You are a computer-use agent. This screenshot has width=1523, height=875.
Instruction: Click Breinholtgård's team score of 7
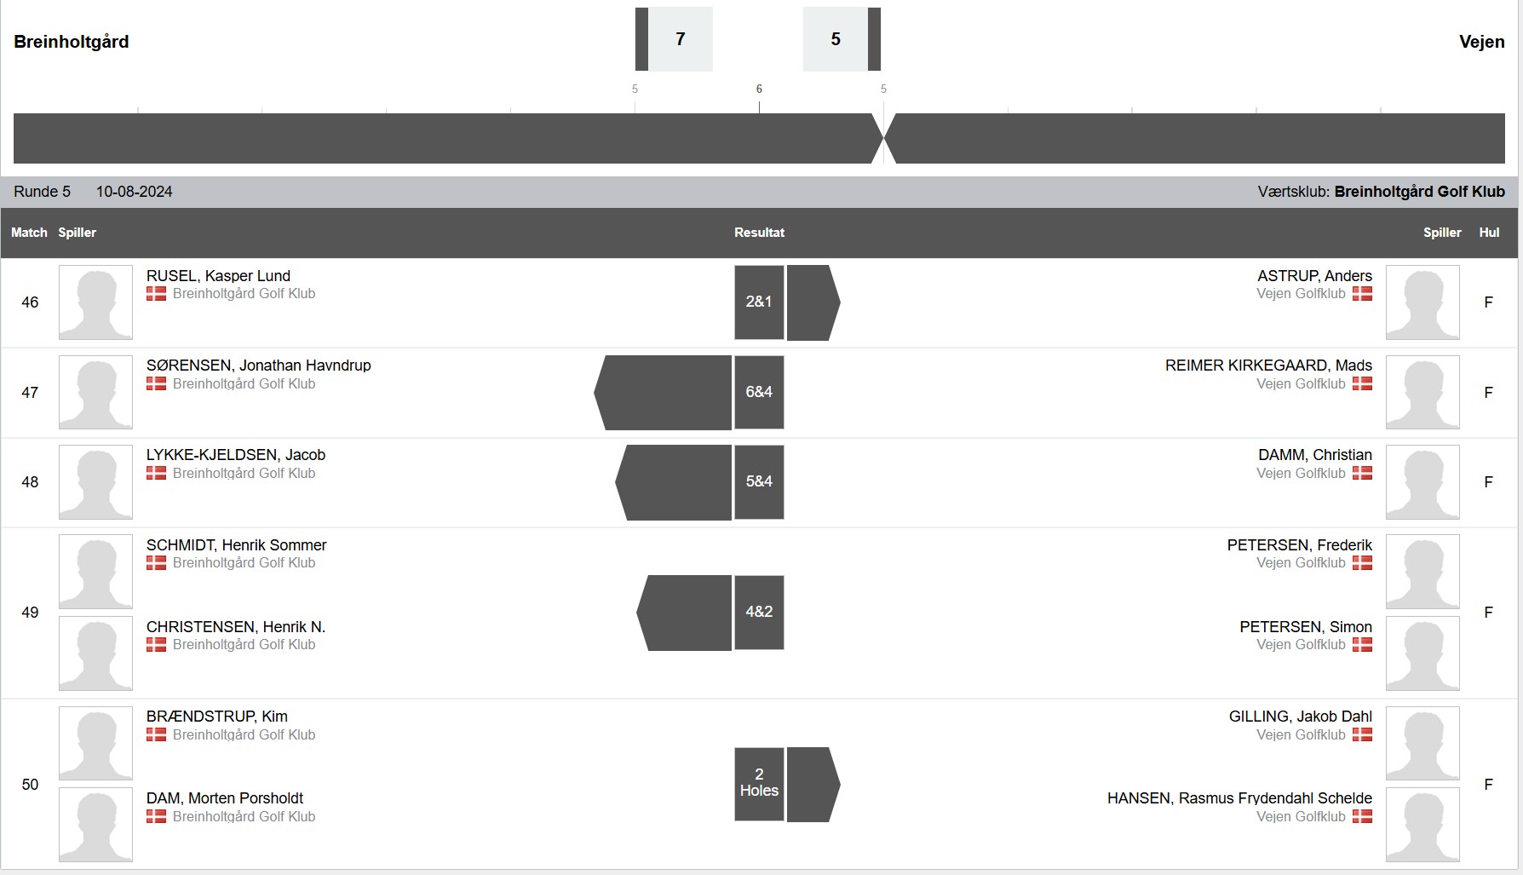pyautogui.click(x=681, y=39)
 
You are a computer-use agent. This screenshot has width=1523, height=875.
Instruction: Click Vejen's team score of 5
pyautogui.click(x=836, y=39)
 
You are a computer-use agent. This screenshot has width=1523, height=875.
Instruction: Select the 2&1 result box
pyautogui.click(x=759, y=302)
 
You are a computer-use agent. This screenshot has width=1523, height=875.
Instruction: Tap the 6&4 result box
pyautogui.click(x=759, y=392)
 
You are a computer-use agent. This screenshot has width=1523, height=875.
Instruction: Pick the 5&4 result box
pyautogui.click(x=759, y=481)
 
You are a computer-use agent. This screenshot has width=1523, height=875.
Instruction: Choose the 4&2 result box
pyautogui.click(x=759, y=612)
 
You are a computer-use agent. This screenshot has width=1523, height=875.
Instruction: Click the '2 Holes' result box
pyautogui.click(x=759, y=784)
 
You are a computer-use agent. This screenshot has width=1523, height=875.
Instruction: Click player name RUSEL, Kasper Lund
pyautogui.click(x=218, y=276)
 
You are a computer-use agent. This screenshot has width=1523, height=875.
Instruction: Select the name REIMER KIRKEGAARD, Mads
pyautogui.click(x=1268, y=366)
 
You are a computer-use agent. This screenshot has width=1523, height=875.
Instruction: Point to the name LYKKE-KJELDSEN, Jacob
pyautogui.click(x=236, y=455)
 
